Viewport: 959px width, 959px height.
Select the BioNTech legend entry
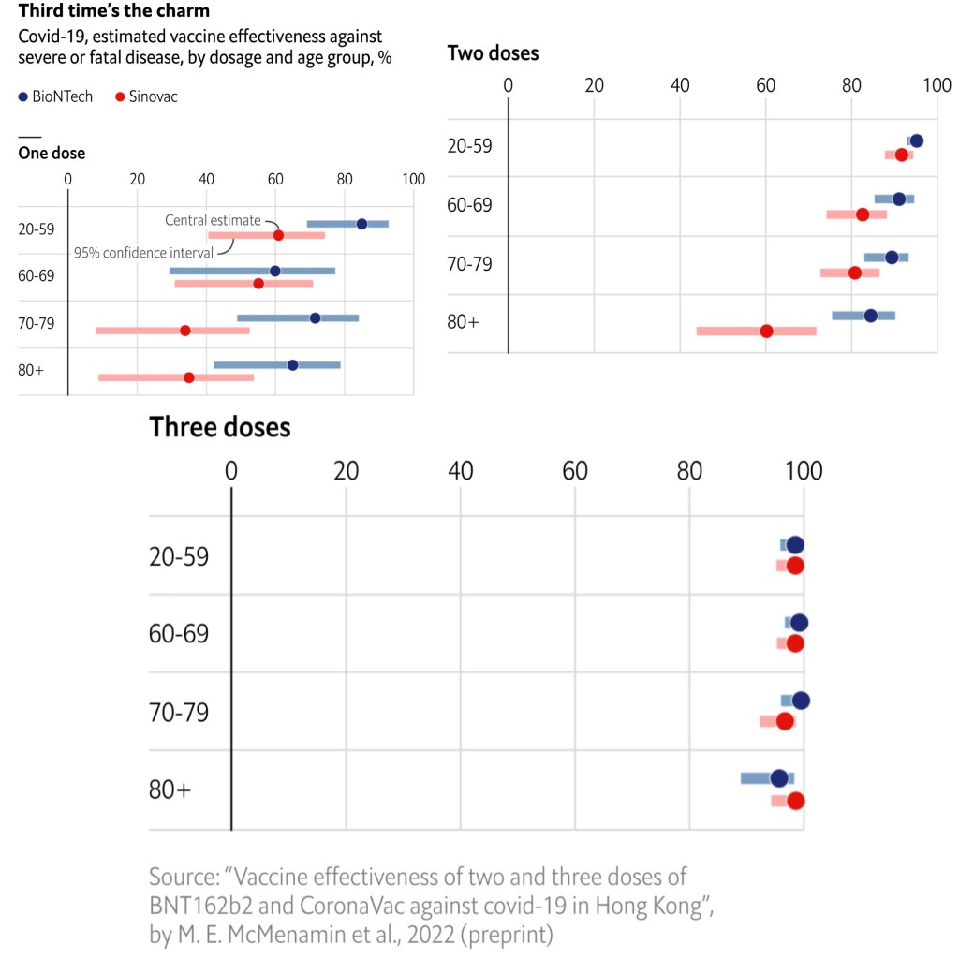(56, 96)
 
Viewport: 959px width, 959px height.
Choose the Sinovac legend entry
(145, 96)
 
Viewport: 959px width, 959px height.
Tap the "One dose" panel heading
(52, 154)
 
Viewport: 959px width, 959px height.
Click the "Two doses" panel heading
(494, 53)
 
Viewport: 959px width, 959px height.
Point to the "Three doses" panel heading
(220, 427)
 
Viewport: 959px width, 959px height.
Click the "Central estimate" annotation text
(213, 220)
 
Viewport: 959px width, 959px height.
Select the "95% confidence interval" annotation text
(143, 252)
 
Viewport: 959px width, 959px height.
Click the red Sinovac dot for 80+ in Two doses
(766, 331)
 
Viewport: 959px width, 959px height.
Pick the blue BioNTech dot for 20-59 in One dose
(361, 224)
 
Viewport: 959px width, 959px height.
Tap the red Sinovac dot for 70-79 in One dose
(185, 331)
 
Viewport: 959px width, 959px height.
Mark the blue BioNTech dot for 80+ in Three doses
(778, 778)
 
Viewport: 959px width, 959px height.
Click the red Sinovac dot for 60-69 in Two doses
(863, 214)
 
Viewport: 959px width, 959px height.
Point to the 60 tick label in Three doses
(575, 471)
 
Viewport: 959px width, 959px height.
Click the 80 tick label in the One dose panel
(345, 180)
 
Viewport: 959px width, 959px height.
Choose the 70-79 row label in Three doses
(179, 713)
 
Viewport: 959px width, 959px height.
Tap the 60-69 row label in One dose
(37, 276)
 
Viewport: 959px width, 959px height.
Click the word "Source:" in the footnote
(183, 878)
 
